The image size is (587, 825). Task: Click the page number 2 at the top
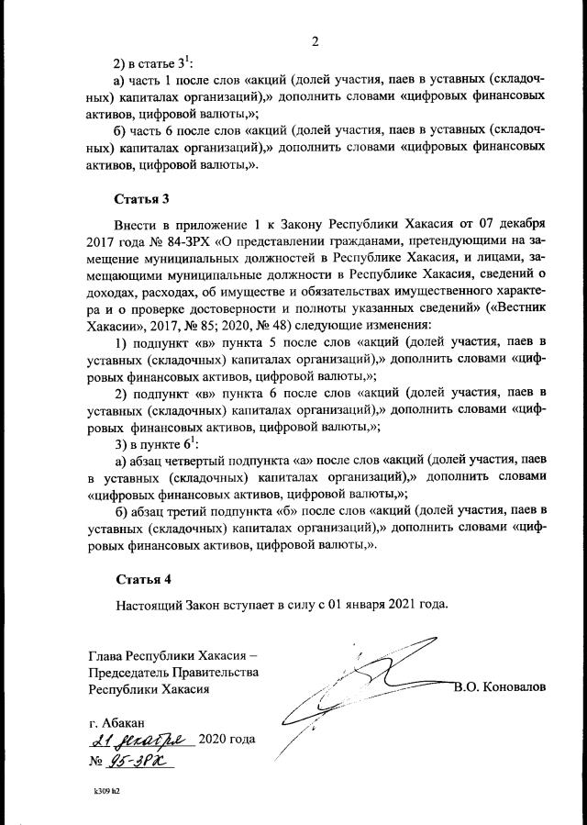(x=315, y=41)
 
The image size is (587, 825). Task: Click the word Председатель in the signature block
(x=134, y=672)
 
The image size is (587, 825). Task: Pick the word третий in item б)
(x=189, y=510)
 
